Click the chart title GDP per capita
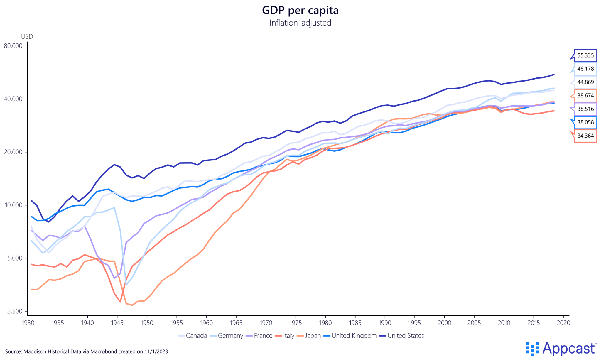click(x=300, y=10)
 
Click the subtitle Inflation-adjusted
click(x=300, y=23)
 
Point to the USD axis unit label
click(x=27, y=37)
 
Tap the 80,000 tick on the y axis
click(x=13, y=46)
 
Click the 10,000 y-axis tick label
click(x=13, y=205)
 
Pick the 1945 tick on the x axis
click(x=117, y=323)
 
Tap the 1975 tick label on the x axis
click(x=296, y=323)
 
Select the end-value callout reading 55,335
click(x=585, y=55)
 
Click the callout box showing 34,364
click(x=585, y=136)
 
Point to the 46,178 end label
click(x=585, y=69)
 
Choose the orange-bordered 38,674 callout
click(x=585, y=96)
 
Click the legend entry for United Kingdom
click(x=354, y=336)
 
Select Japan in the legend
click(x=313, y=336)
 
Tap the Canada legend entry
click(x=196, y=336)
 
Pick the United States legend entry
click(x=405, y=336)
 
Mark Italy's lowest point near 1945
click(x=120, y=302)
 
